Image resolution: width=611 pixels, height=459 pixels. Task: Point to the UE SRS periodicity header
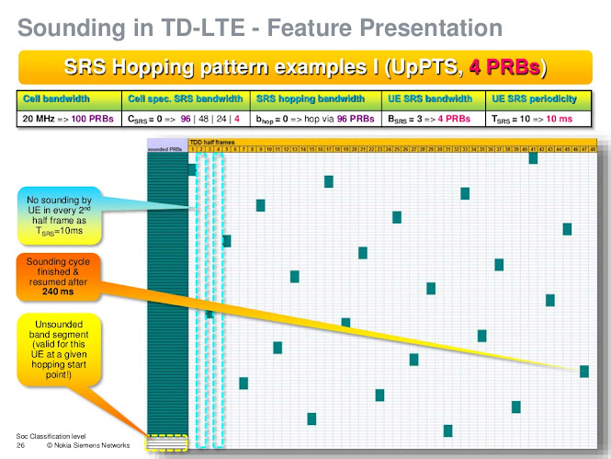tap(545, 98)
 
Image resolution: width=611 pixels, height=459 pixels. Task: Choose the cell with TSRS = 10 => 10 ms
tap(545, 118)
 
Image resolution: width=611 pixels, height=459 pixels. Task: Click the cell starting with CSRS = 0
tap(184, 118)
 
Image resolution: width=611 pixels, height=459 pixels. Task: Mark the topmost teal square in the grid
tap(533, 158)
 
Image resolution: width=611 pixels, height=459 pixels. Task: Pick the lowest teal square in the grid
tap(447, 430)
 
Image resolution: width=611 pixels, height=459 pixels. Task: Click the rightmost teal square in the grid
tap(583, 371)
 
